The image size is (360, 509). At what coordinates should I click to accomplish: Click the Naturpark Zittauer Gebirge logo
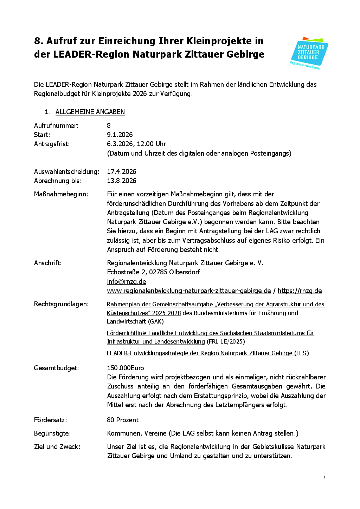click(309, 53)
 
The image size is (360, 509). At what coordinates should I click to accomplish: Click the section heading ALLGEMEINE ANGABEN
click(90, 112)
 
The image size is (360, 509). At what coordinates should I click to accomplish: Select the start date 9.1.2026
click(120, 135)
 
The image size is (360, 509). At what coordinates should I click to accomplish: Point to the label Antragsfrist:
click(52, 144)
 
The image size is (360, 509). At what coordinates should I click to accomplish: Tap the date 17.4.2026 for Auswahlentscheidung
click(122, 171)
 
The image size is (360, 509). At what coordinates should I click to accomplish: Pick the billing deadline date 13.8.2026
click(122, 181)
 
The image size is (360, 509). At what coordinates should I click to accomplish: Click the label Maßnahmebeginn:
click(61, 194)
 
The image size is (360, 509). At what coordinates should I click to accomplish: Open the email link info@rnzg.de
click(127, 281)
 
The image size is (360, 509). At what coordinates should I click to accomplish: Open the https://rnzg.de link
click(300, 291)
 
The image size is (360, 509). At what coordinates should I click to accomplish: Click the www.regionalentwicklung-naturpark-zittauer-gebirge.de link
click(189, 291)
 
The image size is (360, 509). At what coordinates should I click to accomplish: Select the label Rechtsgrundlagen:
click(61, 304)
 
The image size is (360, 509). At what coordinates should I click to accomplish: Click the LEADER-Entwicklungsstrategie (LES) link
click(208, 353)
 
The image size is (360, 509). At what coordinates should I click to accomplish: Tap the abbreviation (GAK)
click(156, 321)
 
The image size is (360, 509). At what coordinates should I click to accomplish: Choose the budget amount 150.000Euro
click(126, 368)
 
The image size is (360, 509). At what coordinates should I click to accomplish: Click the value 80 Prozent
click(123, 420)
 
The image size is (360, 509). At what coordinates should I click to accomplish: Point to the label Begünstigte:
click(52, 433)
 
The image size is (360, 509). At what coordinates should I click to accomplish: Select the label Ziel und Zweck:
click(57, 446)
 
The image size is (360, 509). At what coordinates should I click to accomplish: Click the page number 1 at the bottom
click(324, 477)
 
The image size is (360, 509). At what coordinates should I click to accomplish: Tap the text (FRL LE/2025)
click(226, 341)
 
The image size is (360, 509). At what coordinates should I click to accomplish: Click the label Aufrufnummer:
click(56, 125)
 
